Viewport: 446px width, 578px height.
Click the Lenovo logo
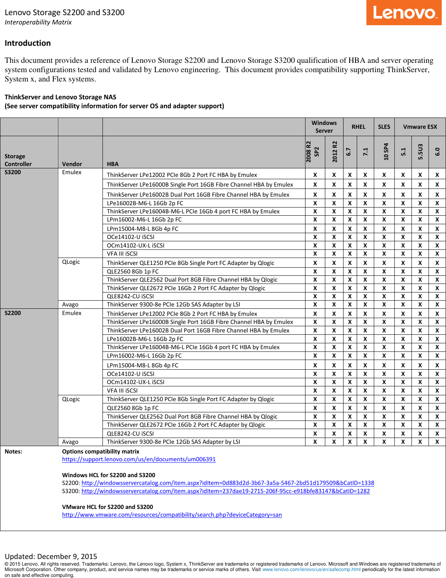pos(404,13)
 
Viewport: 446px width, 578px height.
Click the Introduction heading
pos(28,43)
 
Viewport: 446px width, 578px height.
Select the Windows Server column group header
pos(324,127)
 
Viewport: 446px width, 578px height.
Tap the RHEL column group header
pos(358,127)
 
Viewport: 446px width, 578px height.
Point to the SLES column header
pos(384,127)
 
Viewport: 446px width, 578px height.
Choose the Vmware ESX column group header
pos(420,127)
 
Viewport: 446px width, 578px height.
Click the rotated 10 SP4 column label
pos(386,152)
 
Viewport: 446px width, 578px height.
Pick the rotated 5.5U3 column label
pos(420,152)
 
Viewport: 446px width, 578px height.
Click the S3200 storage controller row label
pos(13,172)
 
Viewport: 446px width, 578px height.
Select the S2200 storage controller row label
pos(13,313)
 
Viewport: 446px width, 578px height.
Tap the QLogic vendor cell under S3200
pos(71,262)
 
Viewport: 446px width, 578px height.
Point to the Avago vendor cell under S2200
pos(70,442)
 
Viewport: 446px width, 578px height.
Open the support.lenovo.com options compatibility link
pos(139,459)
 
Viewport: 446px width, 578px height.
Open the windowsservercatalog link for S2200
pos(227,483)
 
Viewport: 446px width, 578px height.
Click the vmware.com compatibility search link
pos(172,515)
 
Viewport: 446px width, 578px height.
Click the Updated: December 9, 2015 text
pos(51,556)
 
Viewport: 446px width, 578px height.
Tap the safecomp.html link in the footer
pos(311,569)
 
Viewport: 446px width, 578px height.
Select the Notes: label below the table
pos(14,452)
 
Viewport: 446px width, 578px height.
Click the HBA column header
pos(113,164)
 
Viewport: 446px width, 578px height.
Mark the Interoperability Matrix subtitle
pos(38,22)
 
